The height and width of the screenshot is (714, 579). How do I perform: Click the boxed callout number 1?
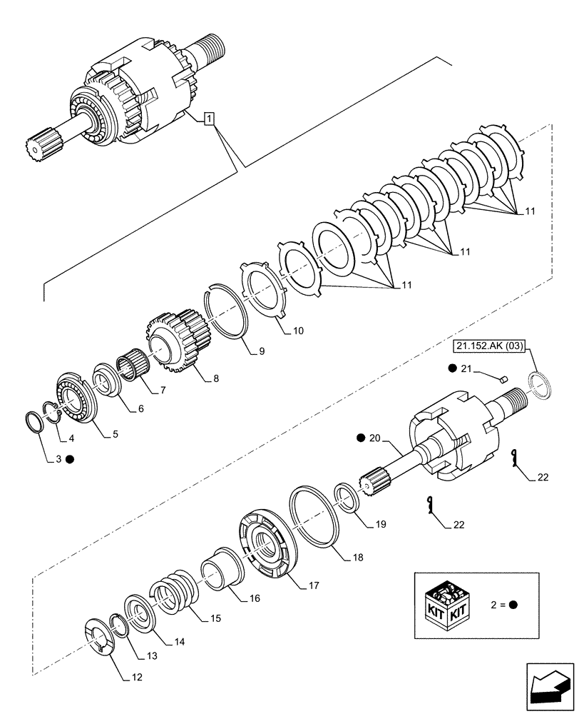pos(207,119)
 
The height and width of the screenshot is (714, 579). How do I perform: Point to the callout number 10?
pos(298,331)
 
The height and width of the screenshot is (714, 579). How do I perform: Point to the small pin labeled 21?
pos(501,378)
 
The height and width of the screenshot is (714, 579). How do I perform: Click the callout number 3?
pos(58,460)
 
